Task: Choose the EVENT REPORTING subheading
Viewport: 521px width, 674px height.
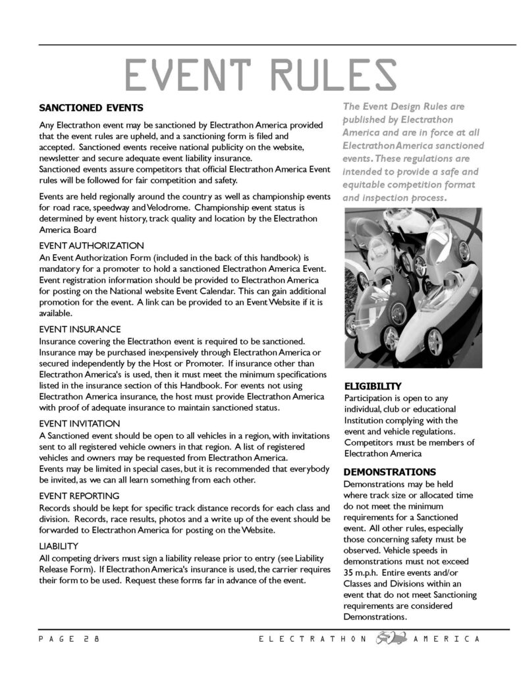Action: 79,495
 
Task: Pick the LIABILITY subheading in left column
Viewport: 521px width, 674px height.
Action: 59,546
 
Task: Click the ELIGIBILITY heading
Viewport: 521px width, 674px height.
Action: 373,386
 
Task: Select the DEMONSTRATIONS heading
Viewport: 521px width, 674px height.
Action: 389,472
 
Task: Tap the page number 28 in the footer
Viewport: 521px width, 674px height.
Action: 92,640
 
